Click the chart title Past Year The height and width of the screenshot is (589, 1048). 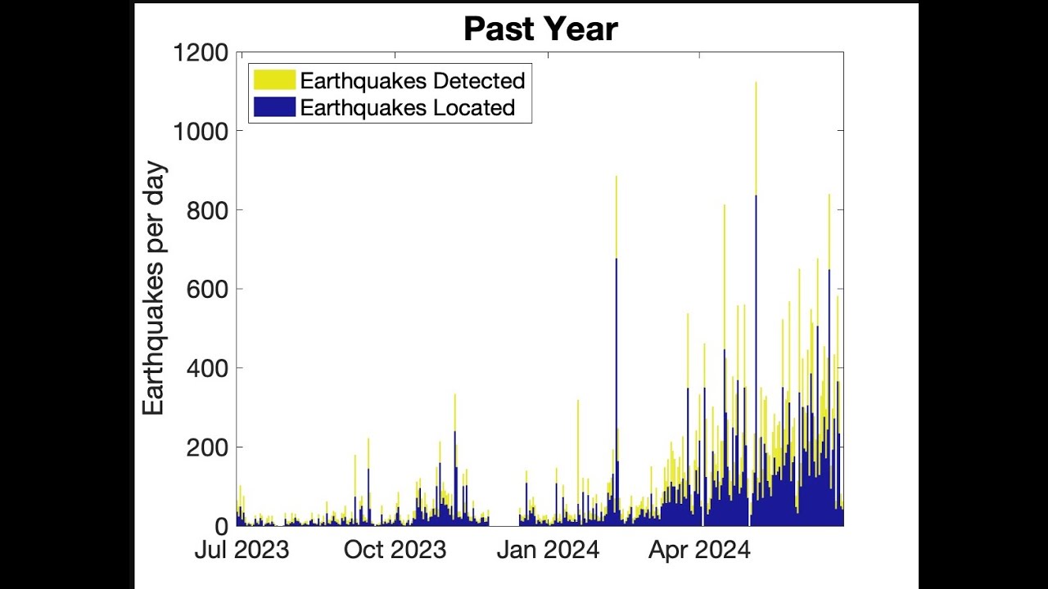(540, 29)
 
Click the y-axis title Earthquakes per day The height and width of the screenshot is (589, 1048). (154, 289)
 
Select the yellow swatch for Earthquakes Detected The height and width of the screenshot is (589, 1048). (273, 80)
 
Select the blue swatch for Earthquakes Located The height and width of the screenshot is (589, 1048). (273, 107)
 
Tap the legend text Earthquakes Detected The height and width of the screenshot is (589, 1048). (412, 80)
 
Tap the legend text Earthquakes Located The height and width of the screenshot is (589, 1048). (407, 107)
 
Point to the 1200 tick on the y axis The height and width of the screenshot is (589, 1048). (201, 53)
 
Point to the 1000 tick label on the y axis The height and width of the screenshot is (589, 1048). (201, 132)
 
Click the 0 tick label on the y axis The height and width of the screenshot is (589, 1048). (221, 526)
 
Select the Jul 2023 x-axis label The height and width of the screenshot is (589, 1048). (242, 550)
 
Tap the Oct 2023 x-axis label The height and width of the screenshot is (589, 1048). (395, 550)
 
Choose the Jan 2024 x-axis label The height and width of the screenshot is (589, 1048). (548, 550)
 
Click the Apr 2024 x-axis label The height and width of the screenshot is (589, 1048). (699, 550)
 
